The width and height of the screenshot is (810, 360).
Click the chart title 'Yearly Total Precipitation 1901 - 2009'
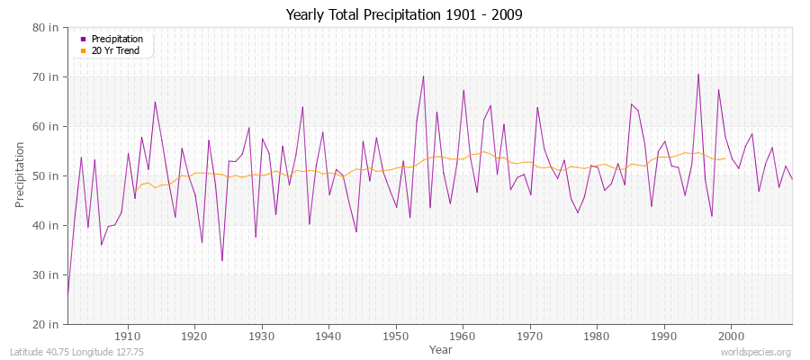(404, 15)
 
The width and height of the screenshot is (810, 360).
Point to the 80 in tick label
(48, 27)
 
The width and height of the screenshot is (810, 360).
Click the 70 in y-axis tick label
(48, 76)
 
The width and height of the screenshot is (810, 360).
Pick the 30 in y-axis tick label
(48, 274)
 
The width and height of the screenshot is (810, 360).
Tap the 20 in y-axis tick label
(48, 324)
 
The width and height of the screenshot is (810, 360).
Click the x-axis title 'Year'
(441, 349)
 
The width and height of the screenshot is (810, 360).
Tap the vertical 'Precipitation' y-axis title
(20, 175)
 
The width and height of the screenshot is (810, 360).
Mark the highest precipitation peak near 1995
(697, 74)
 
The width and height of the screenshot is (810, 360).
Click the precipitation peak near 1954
(423, 76)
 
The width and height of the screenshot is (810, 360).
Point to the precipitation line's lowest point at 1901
(67, 294)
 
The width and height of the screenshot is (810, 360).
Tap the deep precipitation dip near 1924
(222, 261)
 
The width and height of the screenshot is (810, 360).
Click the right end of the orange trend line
(724, 158)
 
